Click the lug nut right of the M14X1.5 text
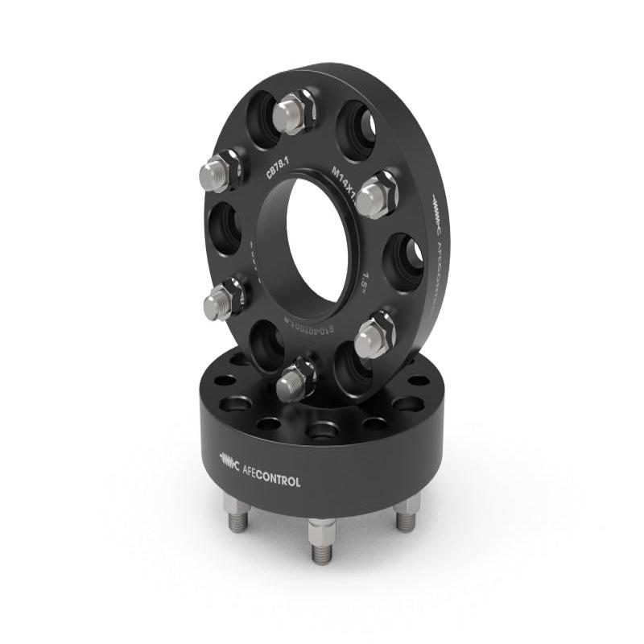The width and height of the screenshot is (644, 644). tap(376, 196)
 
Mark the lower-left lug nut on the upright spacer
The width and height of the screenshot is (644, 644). tap(223, 299)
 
